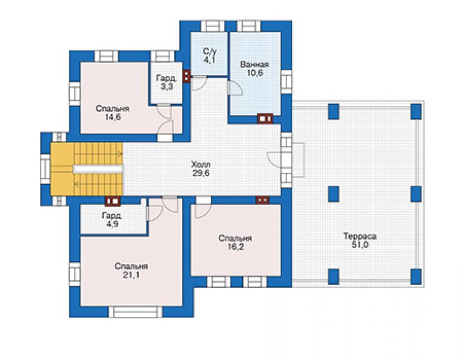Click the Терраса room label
[360, 236]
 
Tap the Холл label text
[201, 164]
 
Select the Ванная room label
[254, 64]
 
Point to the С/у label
[210, 51]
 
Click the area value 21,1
[131, 275]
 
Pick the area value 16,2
[235, 247]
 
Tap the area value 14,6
[113, 117]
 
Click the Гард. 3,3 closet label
[167, 83]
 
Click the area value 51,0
[360, 245]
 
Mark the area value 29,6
[201, 173]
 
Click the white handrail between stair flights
[98, 169]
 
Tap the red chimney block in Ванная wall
[265, 118]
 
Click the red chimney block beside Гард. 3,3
[186, 76]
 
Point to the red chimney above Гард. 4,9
[113, 201]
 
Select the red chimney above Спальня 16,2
[263, 200]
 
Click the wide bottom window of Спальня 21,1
[136, 312]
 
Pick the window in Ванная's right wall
[287, 82]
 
